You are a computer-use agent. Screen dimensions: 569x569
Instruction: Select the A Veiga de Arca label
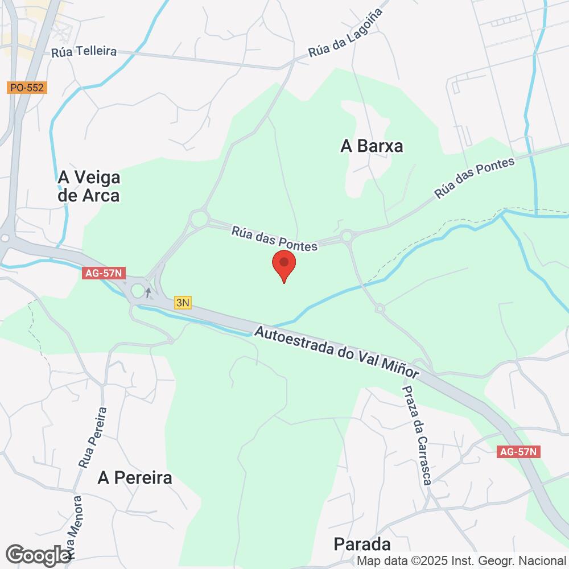tap(89, 187)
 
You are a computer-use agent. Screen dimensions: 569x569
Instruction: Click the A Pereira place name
tap(135, 477)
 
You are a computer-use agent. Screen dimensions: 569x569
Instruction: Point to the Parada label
tap(362, 544)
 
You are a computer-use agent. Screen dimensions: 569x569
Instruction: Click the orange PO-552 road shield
tap(27, 88)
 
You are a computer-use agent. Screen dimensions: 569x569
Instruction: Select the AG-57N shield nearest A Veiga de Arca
tap(103, 273)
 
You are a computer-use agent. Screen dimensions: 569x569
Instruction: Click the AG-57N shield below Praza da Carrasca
tap(517, 452)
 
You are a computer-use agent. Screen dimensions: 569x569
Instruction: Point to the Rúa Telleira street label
tap(84, 52)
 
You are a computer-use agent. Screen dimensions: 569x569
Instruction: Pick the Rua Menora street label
tap(75, 526)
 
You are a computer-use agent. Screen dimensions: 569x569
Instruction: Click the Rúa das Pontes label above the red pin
tap(274, 238)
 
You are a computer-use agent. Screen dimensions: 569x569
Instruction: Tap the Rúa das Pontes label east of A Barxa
tap(474, 178)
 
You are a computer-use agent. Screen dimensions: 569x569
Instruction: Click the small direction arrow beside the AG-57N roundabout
tap(149, 292)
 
